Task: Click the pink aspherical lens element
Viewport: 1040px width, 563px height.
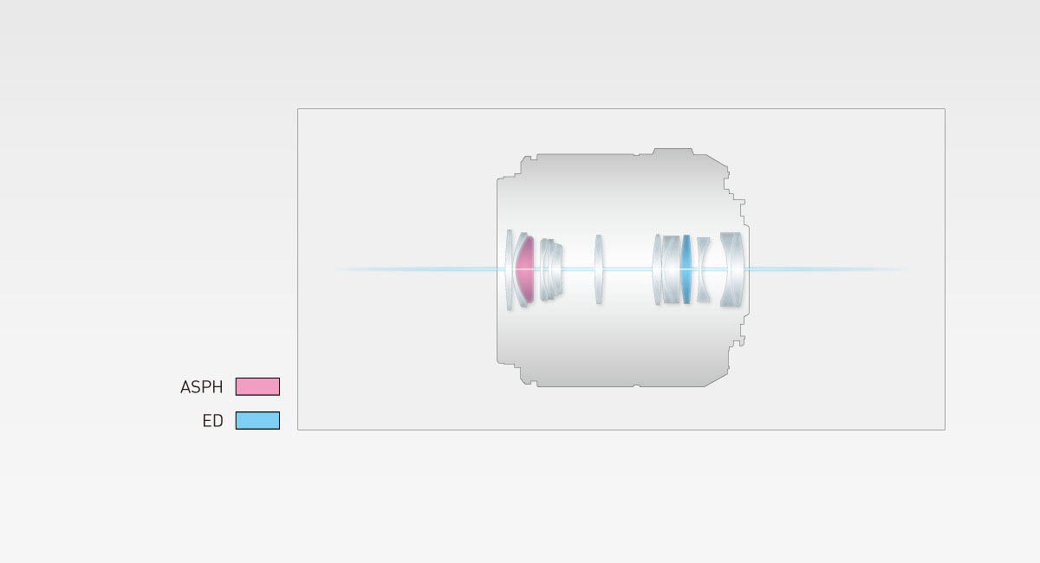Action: tap(525, 269)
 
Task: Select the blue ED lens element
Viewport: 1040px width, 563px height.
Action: tap(686, 269)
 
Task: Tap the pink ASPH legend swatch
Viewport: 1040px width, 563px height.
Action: tap(257, 386)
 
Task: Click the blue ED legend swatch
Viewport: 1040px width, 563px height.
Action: tap(257, 420)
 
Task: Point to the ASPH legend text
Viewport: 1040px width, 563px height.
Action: tap(201, 387)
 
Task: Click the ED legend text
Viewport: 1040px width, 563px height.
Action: tap(212, 421)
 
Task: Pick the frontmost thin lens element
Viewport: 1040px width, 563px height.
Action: tap(509, 269)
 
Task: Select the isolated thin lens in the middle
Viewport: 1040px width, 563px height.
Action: tap(599, 269)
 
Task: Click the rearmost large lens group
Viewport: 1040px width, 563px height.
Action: tap(732, 269)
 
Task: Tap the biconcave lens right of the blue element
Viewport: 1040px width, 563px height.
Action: tap(703, 269)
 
